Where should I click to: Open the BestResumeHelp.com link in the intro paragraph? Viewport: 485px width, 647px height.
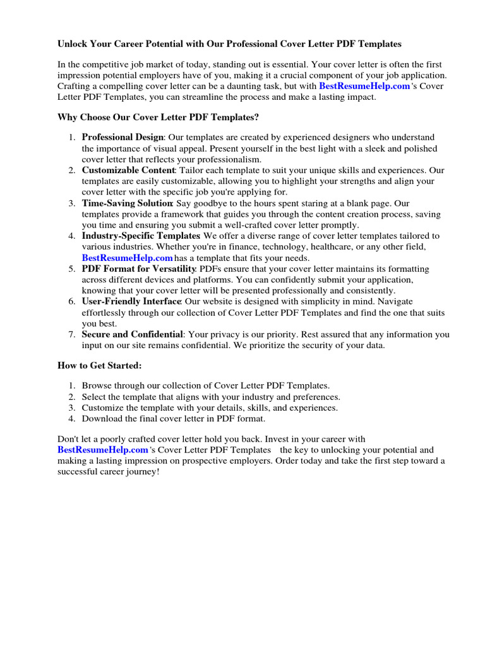point(364,86)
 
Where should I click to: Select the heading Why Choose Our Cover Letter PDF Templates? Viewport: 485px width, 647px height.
point(158,117)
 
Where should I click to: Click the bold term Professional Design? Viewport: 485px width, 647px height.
point(123,137)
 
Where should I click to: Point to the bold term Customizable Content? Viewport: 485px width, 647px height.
point(128,171)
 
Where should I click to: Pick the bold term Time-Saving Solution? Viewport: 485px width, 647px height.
point(127,203)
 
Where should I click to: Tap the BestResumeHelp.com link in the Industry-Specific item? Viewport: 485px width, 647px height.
point(127,258)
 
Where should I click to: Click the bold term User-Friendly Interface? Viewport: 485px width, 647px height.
point(131,301)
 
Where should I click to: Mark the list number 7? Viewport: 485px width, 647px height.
point(72,334)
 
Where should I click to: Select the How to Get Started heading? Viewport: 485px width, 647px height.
point(100,366)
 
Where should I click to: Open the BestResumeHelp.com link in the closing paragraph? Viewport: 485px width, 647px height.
point(102,450)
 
